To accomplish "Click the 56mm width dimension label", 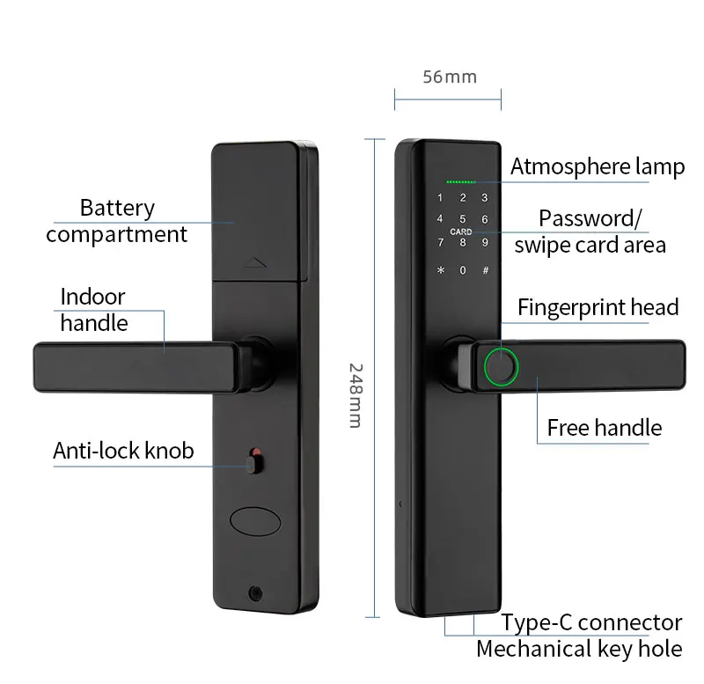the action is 449,77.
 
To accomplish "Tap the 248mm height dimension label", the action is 354,395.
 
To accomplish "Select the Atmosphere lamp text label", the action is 598,167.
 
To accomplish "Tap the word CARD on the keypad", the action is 461,232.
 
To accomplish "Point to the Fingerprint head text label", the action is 598,307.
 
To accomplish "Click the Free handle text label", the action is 604,428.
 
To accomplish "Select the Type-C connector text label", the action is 591,623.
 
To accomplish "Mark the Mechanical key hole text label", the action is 579,650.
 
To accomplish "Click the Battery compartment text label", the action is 116,221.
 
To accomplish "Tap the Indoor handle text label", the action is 93,309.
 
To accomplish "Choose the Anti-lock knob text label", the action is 123,452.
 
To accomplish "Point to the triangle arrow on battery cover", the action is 254,261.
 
